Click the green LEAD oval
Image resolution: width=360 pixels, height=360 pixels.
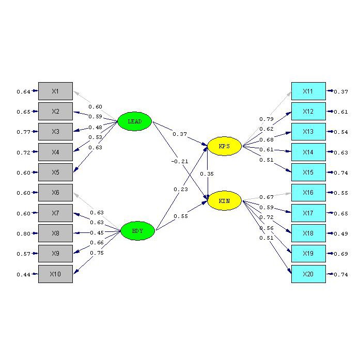click(134, 121)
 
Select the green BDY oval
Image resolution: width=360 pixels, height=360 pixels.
click(137, 230)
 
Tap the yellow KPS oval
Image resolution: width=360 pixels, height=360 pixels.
click(224, 147)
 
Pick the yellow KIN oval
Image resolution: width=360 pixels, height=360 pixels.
click(224, 200)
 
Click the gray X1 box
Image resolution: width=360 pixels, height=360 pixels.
click(55, 91)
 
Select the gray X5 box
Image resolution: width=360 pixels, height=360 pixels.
click(55, 173)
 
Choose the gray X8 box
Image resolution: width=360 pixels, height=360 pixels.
click(55, 233)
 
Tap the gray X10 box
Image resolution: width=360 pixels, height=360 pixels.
click(55, 274)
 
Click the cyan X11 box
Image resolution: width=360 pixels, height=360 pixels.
click(308, 91)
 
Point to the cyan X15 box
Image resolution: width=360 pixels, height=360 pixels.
click(308, 173)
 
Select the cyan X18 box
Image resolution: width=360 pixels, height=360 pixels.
click(308, 233)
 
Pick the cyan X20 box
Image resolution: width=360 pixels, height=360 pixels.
click(308, 274)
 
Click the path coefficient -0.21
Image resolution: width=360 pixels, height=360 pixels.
click(179, 161)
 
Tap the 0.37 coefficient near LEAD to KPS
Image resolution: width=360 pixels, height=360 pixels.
click(180, 134)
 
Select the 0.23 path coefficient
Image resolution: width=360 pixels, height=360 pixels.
click(180, 189)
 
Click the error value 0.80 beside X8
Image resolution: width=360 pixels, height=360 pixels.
click(23, 233)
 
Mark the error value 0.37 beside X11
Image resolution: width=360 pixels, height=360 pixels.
click(341, 92)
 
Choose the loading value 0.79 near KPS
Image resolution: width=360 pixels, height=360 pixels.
click(266, 119)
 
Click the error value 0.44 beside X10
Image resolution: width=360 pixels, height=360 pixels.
click(23, 274)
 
